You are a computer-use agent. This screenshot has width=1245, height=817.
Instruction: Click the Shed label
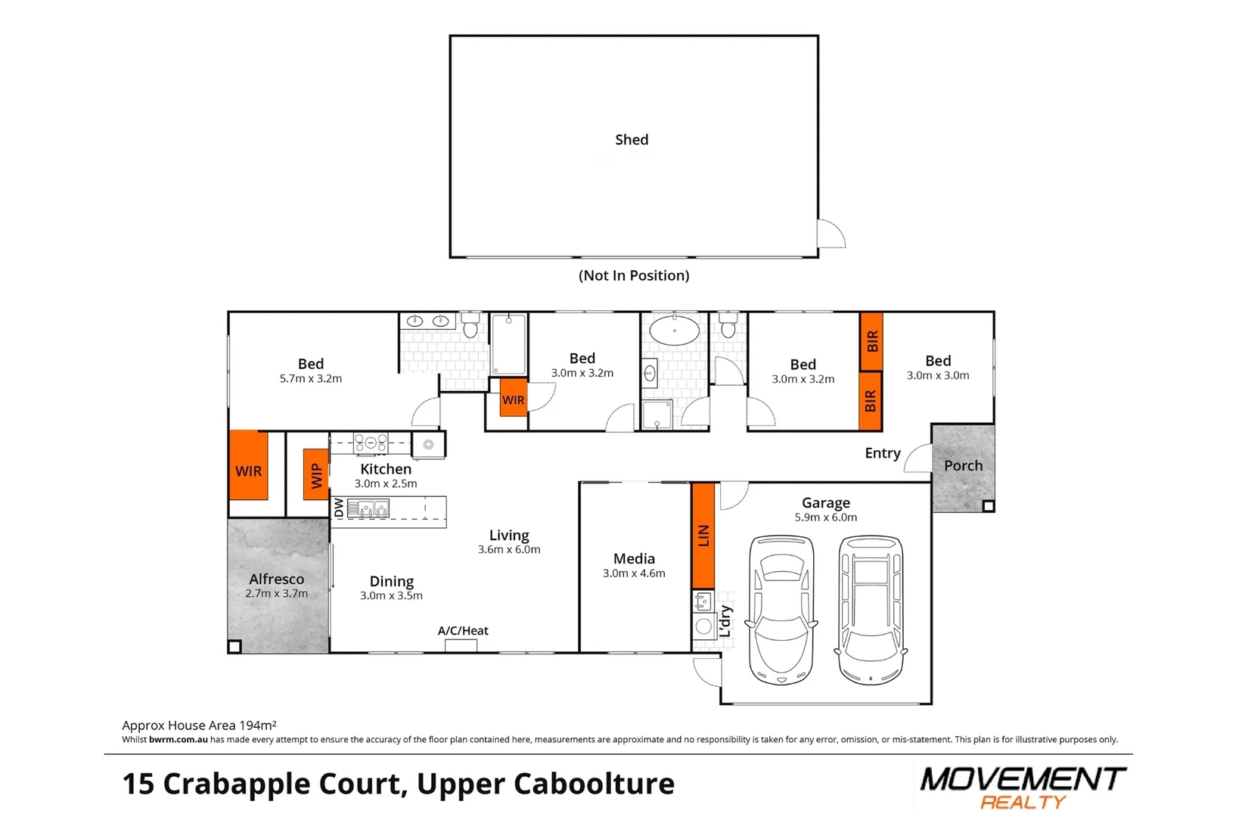point(632,139)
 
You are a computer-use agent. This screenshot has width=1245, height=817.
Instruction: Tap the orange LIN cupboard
point(703,536)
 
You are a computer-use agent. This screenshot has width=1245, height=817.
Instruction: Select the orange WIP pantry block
point(315,474)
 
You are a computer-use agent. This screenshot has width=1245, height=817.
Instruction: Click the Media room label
point(634,558)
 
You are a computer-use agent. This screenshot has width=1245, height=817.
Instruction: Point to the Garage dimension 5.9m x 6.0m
point(825,517)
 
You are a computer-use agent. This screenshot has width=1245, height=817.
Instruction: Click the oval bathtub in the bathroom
point(675,330)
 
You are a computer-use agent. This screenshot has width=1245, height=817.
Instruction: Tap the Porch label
point(963,466)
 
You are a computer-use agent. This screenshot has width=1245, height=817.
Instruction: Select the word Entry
point(883,454)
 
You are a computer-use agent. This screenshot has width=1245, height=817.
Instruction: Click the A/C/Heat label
point(463,631)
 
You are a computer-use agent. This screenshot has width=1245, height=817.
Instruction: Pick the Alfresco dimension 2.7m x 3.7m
point(276,594)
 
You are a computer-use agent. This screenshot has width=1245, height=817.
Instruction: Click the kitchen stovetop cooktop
point(371,443)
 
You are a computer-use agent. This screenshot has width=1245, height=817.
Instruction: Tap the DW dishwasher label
point(339,508)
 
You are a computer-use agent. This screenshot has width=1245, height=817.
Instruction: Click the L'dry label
point(725,621)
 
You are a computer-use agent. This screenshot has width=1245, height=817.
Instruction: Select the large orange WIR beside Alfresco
point(248,465)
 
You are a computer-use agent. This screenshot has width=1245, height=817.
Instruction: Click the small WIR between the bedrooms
point(513,397)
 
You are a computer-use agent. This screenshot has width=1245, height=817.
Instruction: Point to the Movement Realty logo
point(1023,787)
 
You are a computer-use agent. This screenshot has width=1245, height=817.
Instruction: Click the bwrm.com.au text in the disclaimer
point(178,740)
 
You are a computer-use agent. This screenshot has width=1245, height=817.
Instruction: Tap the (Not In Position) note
point(634,275)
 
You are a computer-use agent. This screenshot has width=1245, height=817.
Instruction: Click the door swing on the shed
point(831,234)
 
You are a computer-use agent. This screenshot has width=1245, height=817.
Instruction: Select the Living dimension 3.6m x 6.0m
point(509,550)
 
